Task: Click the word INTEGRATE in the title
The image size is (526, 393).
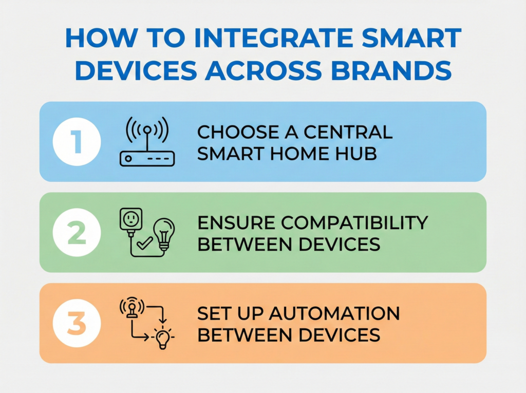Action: [x=273, y=38]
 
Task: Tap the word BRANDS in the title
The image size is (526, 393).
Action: [x=391, y=70]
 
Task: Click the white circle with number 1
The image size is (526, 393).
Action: [x=77, y=142]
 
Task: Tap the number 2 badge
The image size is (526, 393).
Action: [x=77, y=232]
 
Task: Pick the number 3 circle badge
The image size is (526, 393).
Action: [x=77, y=323]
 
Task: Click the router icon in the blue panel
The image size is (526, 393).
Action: [x=147, y=142]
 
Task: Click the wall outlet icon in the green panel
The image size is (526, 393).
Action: [x=131, y=219]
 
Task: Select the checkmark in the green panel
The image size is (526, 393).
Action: [x=145, y=243]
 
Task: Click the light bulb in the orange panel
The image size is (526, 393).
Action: [x=163, y=338]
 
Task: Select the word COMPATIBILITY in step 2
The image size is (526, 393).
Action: [x=354, y=222]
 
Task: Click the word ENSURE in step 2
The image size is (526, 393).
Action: [x=236, y=222]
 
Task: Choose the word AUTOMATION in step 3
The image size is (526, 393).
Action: [x=334, y=313]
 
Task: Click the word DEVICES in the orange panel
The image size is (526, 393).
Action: [x=339, y=335]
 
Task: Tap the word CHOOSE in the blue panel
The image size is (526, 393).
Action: [x=238, y=132]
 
